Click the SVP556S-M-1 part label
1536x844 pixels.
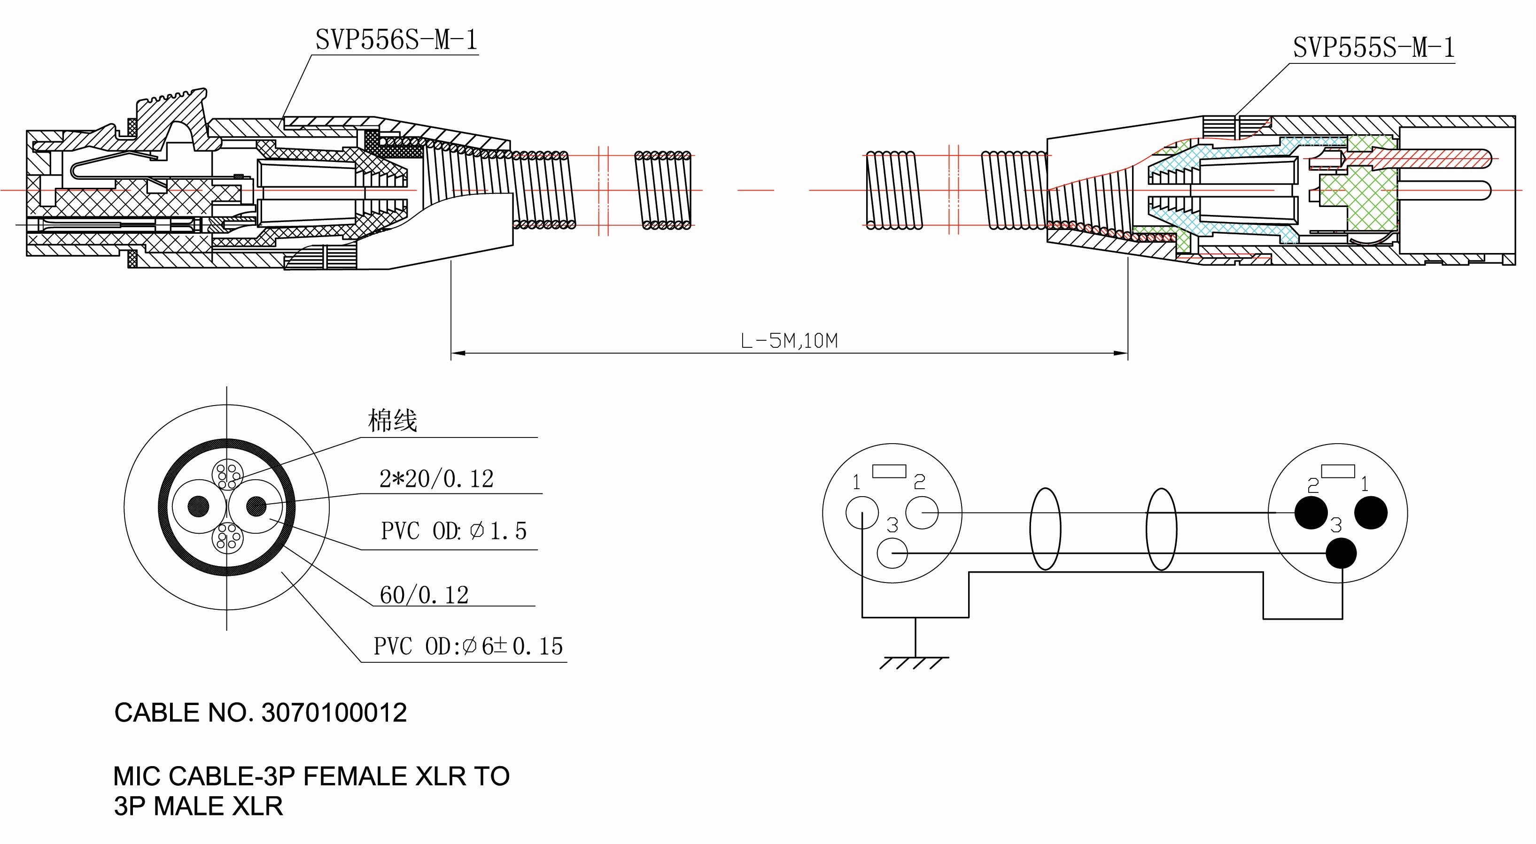[x=396, y=40]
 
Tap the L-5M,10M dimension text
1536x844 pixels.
[x=789, y=341]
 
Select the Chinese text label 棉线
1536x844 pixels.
[x=392, y=421]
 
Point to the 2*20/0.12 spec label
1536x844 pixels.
[x=436, y=479]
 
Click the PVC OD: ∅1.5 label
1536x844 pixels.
[x=453, y=530]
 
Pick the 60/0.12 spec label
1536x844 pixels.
[x=424, y=594]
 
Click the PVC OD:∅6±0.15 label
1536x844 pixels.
[x=468, y=646]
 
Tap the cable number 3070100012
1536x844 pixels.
[x=334, y=713]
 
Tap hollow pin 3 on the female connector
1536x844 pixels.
[x=892, y=553]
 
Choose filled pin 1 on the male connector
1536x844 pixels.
[x=1371, y=513]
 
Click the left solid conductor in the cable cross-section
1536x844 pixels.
[x=199, y=506]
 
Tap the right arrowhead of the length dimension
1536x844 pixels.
[x=1121, y=353]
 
